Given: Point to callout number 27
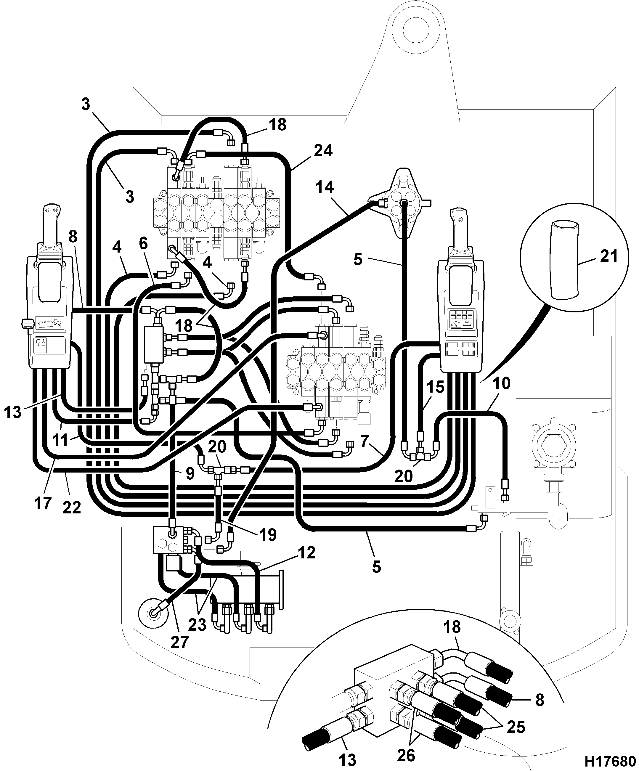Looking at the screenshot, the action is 179,642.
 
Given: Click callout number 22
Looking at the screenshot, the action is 72,508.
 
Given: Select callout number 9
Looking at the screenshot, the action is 190,474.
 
